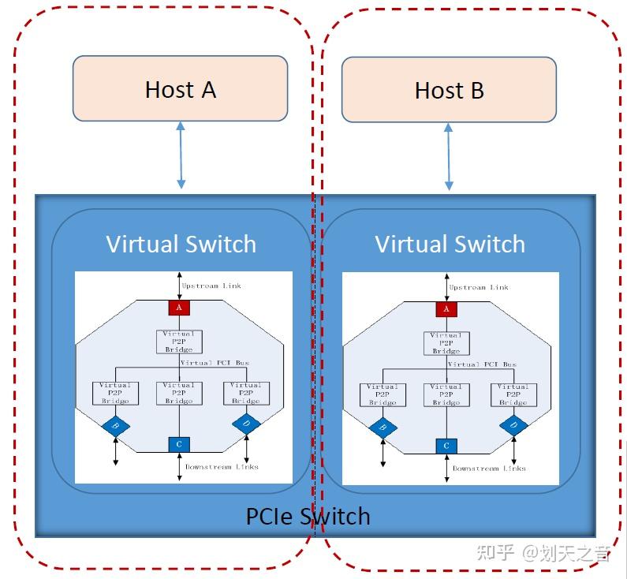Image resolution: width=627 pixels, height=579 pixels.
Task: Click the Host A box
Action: pos(180,89)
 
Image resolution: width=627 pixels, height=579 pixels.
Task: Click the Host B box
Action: pos(449,90)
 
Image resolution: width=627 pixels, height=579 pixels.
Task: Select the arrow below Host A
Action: pos(181,155)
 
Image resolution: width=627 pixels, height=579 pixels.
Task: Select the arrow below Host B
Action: pos(449,156)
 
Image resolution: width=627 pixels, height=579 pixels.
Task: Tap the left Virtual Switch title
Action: pos(181,244)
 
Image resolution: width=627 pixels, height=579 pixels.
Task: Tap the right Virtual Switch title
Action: pos(450,244)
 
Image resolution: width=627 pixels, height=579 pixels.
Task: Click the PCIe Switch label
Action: pos(308,516)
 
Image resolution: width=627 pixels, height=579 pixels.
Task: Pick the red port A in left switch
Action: pos(179,307)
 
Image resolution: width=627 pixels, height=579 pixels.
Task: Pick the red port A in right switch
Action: pos(446,308)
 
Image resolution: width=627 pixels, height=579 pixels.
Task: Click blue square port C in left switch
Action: pos(179,444)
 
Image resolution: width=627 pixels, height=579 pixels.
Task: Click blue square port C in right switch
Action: pos(446,446)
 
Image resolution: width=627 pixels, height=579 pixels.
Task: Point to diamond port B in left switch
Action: pos(116,427)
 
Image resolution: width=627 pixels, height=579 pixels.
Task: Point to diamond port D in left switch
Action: pos(246,424)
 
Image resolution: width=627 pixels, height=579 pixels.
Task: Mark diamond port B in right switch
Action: pos(383,428)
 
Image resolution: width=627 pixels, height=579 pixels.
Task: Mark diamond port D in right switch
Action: pos(513,426)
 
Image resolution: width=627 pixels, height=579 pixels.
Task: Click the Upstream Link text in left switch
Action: pos(211,286)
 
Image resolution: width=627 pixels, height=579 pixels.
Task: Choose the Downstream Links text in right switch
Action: pos(489,469)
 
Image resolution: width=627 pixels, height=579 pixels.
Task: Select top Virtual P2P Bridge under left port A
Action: pos(179,342)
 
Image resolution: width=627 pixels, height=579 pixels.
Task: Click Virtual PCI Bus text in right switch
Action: pos(482,364)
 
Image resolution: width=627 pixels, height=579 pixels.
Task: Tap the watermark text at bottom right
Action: pos(544,552)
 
